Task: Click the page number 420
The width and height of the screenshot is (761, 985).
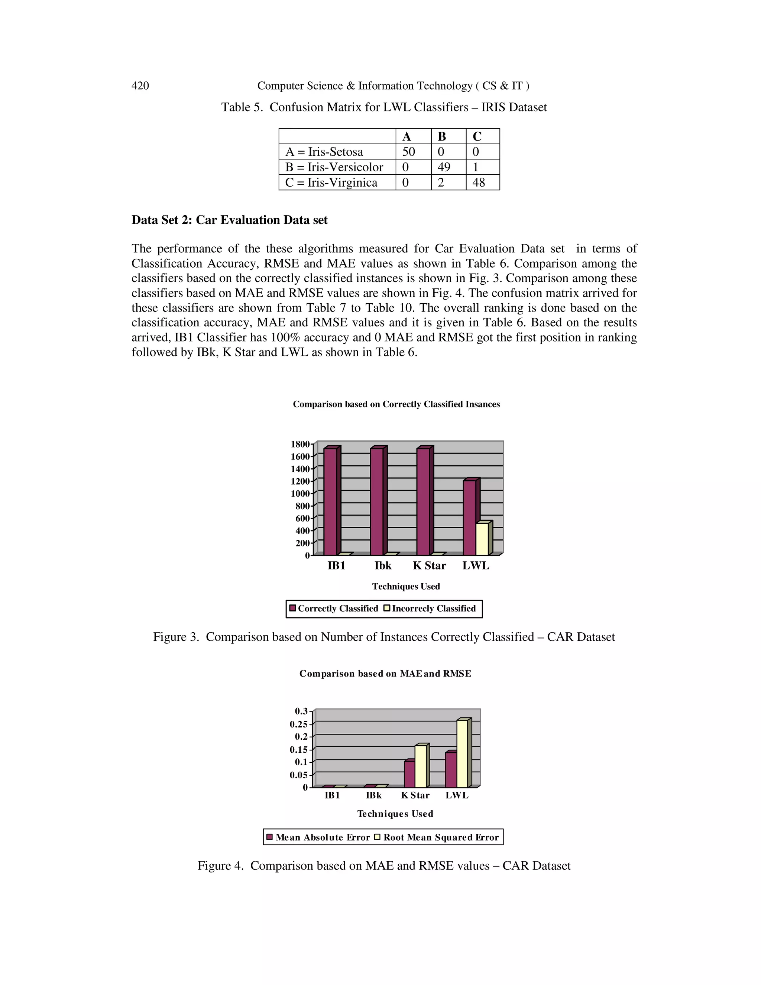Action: (x=140, y=86)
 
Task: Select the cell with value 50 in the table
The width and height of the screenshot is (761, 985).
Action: (x=408, y=152)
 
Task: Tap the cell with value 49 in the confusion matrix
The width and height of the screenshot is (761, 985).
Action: (x=444, y=167)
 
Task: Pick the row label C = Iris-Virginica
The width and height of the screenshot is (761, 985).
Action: (x=331, y=183)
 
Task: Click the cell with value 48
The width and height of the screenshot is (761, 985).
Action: (x=478, y=183)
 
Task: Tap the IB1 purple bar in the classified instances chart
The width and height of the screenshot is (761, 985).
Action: (x=330, y=501)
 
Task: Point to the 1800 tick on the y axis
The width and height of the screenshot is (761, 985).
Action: (x=300, y=444)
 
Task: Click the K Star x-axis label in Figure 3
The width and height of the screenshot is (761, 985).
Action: (x=429, y=566)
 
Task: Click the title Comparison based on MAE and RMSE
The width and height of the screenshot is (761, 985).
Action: (x=385, y=674)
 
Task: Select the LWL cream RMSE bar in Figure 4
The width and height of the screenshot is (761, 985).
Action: (x=462, y=754)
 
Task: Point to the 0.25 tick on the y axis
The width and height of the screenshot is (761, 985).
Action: (x=298, y=724)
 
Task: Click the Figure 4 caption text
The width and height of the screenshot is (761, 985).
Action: (x=383, y=866)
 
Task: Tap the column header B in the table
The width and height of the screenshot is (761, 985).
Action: (x=442, y=137)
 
